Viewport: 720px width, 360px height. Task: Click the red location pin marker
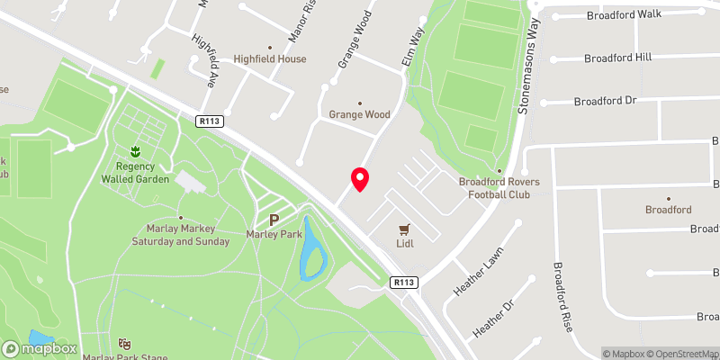(360, 179)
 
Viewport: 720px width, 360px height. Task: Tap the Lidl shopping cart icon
(404, 229)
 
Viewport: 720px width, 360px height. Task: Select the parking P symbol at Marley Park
(274, 220)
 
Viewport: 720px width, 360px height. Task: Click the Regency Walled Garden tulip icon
(135, 151)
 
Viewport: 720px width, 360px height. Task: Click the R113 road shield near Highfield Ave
(210, 120)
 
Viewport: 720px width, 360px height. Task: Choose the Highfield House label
(271, 58)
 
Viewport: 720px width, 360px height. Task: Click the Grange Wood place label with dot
(359, 114)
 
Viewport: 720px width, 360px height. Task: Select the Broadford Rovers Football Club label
(499, 187)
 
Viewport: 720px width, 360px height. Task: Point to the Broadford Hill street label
(618, 58)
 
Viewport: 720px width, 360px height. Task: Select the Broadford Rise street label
(562, 297)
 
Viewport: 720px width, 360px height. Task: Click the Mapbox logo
(40, 348)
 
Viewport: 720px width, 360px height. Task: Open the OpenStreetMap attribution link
(681, 354)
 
